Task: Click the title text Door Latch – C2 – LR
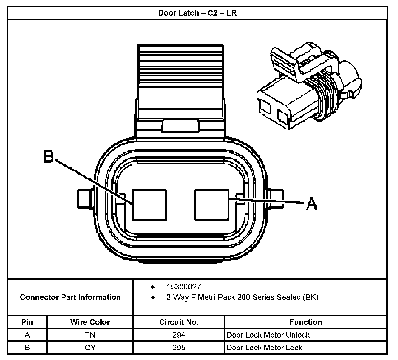tap(197, 13)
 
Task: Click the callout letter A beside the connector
tap(312, 204)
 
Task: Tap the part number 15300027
tap(183, 287)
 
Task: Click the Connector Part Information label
tap(70, 297)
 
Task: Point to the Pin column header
tap(27, 322)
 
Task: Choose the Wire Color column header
tap(90, 322)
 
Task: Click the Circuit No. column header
tap(178, 322)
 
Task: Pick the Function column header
tap(305, 322)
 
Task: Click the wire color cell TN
tap(90, 335)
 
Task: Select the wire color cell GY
tap(90, 348)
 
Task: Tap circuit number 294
tap(178, 335)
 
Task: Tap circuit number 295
tap(178, 348)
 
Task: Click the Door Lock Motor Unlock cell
tap(268, 335)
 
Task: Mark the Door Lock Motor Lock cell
tap(264, 348)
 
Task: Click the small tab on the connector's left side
tap(84, 199)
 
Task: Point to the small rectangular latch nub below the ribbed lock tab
tap(180, 126)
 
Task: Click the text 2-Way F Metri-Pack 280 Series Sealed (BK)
tap(242, 298)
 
